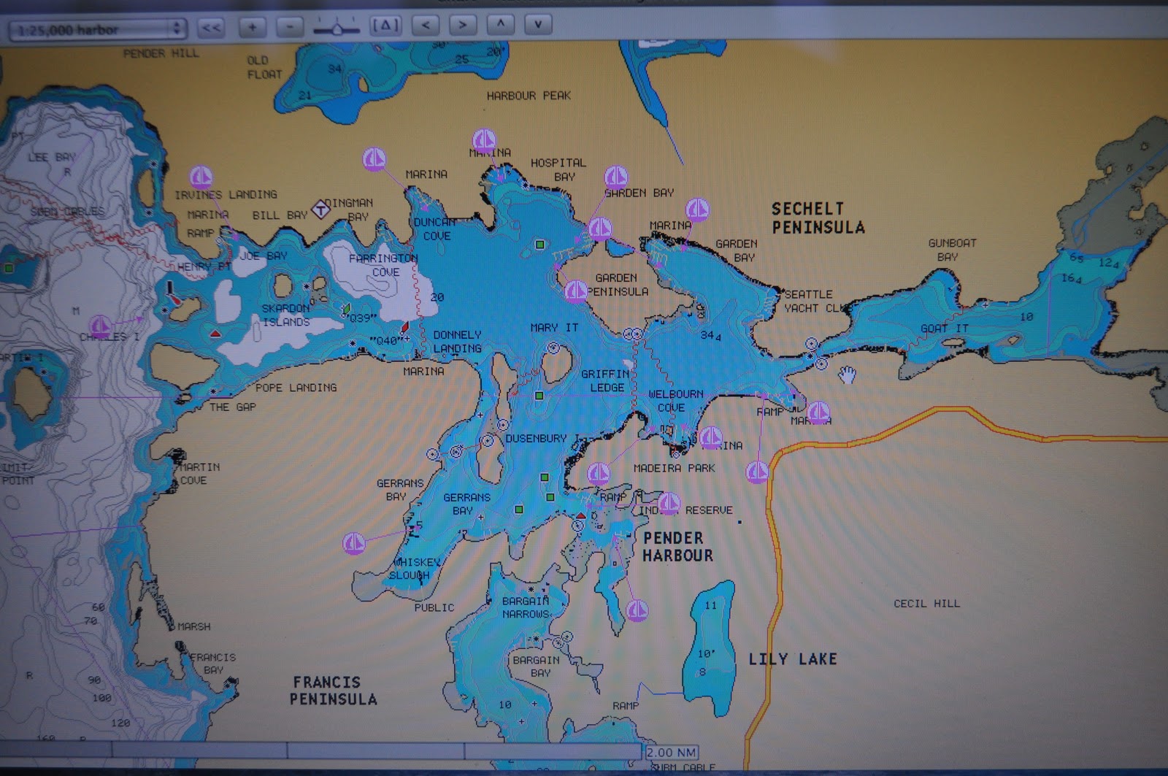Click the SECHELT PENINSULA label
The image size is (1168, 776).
click(818, 218)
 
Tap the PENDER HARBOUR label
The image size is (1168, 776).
click(677, 547)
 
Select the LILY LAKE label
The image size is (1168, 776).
click(792, 659)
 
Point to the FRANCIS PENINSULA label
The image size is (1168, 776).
click(333, 691)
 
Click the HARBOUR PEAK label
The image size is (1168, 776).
click(529, 96)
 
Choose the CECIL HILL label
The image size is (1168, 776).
click(926, 604)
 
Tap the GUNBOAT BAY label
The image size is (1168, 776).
click(951, 250)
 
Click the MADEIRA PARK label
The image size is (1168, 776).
click(674, 468)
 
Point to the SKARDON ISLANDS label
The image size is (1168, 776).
click(285, 315)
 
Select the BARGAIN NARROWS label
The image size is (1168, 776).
click(526, 607)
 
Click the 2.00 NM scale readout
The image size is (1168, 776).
click(671, 752)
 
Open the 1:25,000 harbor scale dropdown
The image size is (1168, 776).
click(97, 29)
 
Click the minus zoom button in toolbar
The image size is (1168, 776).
click(291, 27)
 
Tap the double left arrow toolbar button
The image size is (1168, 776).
click(211, 28)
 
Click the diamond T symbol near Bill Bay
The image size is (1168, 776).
click(320, 210)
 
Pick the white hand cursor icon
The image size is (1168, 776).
click(847, 375)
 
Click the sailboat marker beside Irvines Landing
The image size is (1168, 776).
click(201, 177)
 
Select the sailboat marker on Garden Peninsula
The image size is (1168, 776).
click(575, 291)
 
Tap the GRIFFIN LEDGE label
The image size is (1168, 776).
click(605, 380)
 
